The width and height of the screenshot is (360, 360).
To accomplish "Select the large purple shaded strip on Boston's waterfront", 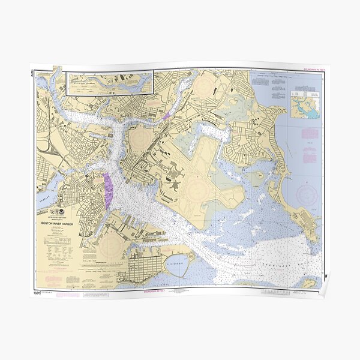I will coord(108,191).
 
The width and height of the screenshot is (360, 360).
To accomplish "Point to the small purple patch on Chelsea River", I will coord(167,114).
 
